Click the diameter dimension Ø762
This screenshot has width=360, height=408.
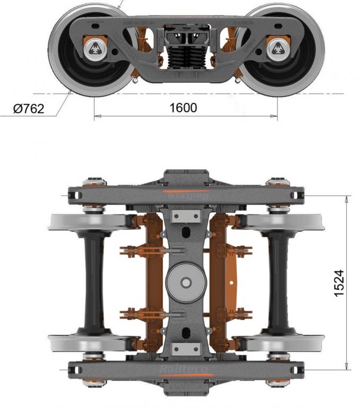tap(29, 108)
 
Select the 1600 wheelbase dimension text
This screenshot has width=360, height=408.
tap(183, 108)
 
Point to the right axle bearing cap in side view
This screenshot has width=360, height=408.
tap(277, 49)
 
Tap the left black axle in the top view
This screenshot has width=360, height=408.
tap(93, 283)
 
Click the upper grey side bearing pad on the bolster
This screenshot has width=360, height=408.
tap(185, 216)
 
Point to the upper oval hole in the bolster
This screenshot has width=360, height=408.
tap(185, 233)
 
